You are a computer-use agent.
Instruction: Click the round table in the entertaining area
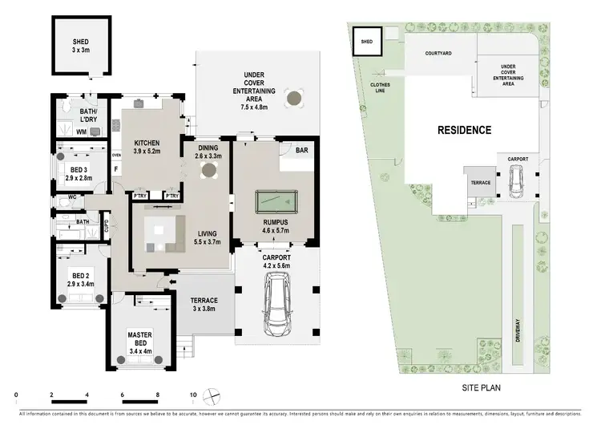pyautogui.click(x=296, y=99)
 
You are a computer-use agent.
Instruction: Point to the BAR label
pyautogui.click(x=302, y=150)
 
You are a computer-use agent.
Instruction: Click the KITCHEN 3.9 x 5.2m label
pyautogui.click(x=147, y=147)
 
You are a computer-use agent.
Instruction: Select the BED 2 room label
pyautogui.click(x=80, y=279)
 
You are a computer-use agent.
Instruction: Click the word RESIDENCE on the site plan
pyautogui.click(x=464, y=129)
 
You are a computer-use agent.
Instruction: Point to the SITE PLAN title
pyautogui.click(x=478, y=387)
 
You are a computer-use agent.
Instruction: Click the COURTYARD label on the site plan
pyautogui.click(x=438, y=53)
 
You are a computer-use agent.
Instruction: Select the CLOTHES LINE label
pyautogui.click(x=380, y=86)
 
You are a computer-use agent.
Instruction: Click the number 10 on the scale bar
pyautogui.click(x=193, y=395)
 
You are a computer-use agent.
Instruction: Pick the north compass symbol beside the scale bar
pyautogui.click(x=213, y=395)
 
